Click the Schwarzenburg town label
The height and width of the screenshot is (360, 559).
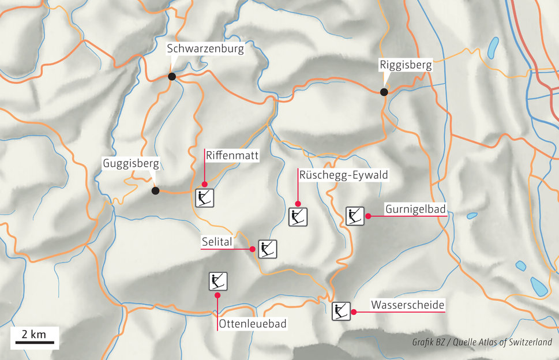coord(206,49)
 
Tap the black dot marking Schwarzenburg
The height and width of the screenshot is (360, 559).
coord(172,77)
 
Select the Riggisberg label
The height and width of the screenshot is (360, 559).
coord(406,65)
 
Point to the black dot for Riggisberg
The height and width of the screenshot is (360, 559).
coord(384,92)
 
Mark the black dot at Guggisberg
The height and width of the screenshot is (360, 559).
coord(155,191)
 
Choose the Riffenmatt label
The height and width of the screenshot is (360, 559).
coord(232,155)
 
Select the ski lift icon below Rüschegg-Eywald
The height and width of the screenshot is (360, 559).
coord(298,217)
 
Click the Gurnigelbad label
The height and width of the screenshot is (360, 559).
coord(415,209)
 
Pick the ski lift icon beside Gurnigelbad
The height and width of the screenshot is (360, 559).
coord(355,216)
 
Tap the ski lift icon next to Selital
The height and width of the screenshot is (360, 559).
coord(268,249)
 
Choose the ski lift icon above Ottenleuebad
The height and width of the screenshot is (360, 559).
coord(217,281)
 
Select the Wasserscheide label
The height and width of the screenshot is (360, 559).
coord(408,305)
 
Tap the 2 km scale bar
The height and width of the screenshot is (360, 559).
coord(34,342)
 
